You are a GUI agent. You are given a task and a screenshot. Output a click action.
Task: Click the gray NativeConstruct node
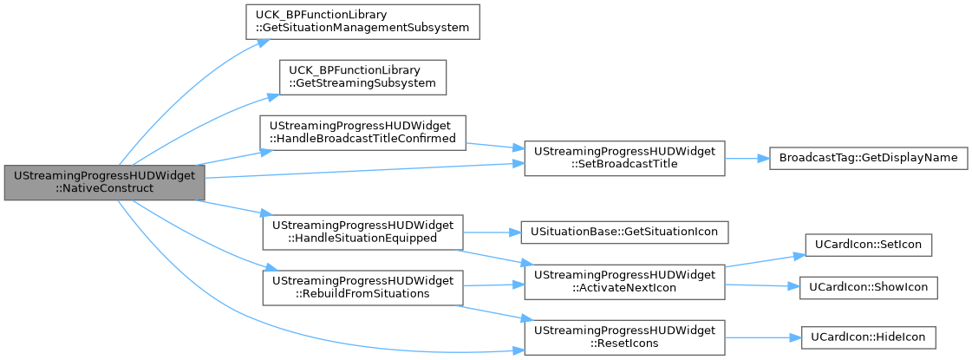click(x=104, y=183)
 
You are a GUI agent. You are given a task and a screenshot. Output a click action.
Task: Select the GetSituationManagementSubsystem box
click(x=363, y=23)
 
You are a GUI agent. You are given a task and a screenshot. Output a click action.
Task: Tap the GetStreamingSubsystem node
click(x=362, y=77)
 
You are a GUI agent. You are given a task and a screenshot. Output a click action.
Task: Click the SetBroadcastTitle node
click(x=624, y=158)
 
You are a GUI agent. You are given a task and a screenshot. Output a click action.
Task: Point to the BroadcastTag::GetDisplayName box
click(x=868, y=158)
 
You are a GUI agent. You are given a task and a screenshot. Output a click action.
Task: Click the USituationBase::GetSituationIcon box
click(x=624, y=232)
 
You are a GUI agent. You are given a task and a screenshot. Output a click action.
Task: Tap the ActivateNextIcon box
click(x=624, y=283)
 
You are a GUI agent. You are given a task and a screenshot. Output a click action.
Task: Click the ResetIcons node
click(x=624, y=337)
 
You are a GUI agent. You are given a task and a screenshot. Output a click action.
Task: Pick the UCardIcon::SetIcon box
click(x=868, y=245)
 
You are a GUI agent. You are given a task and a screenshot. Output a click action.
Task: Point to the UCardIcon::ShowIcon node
click(x=868, y=287)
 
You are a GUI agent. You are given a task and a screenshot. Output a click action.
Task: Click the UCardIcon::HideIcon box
click(x=868, y=337)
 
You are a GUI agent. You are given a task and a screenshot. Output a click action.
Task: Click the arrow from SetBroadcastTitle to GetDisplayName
click(x=747, y=158)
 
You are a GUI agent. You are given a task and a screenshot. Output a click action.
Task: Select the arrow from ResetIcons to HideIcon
click(x=763, y=337)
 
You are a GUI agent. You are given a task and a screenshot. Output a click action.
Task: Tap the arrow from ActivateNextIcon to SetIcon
click(x=765, y=261)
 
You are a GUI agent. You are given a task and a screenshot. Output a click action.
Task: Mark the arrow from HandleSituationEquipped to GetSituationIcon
click(x=493, y=232)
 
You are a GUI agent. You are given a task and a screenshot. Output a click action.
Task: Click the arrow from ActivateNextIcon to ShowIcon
click(x=762, y=285)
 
